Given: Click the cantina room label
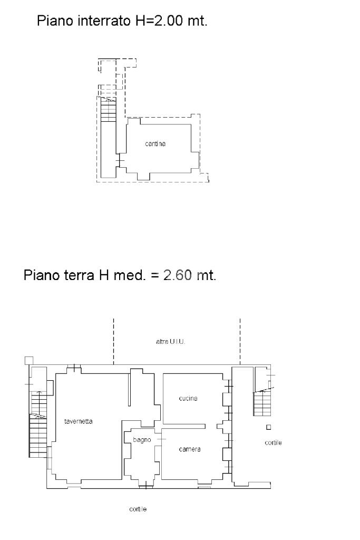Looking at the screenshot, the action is (x=155, y=143).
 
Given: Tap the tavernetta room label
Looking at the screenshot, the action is (x=79, y=421).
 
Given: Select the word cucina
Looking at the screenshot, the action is (x=188, y=398).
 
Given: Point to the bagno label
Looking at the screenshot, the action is (x=142, y=440).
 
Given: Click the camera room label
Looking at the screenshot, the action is (x=190, y=449).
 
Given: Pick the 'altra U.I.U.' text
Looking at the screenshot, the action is (x=170, y=342).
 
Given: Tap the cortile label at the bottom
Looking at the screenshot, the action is (x=138, y=509).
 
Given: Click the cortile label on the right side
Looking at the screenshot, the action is (x=273, y=442).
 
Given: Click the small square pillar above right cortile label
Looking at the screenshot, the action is (x=269, y=427).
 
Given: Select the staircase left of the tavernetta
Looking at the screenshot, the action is (x=38, y=425).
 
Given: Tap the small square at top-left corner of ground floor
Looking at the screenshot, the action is (x=29, y=361).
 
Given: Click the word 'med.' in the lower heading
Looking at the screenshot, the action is (x=130, y=275).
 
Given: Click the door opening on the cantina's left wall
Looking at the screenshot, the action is (x=119, y=160).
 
